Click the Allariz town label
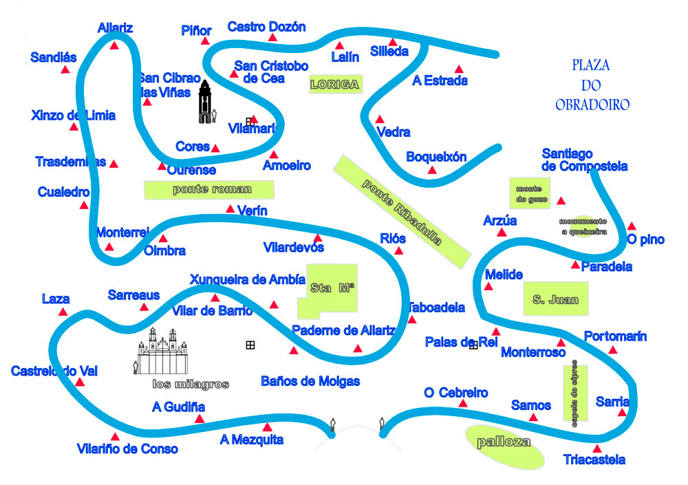click(x=115, y=28)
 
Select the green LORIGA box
click(x=335, y=85)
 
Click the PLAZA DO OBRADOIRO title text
click(x=592, y=85)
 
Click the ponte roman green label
click(x=209, y=189)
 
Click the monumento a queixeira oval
click(x=583, y=226)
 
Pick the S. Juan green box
click(x=556, y=299)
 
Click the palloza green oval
click(x=504, y=443)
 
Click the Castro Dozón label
click(x=266, y=27)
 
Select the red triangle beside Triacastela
click(x=596, y=449)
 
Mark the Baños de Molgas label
click(x=310, y=381)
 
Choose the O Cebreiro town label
click(x=456, y=393)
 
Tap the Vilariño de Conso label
click(x=127, y=449)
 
